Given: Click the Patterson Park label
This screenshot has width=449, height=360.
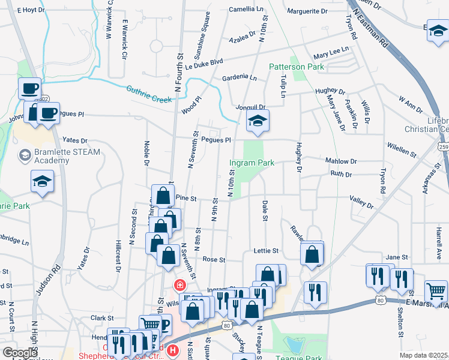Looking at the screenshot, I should point(296,67).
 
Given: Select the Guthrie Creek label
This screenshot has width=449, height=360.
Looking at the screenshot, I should point(149,94).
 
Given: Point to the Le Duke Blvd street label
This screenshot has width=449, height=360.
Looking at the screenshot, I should point(203,63).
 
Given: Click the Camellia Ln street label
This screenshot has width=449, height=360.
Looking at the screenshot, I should point(246,10).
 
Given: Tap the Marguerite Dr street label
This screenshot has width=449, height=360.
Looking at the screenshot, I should point(307,11).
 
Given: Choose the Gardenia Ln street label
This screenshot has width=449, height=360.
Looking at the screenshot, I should point(239,78).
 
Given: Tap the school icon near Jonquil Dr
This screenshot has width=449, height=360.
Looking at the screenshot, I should point(258,122).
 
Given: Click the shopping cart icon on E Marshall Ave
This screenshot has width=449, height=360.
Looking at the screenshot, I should point(436,292).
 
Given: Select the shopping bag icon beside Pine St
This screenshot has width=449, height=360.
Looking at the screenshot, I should point(163,196).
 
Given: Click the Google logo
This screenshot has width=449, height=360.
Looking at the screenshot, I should point(20,353).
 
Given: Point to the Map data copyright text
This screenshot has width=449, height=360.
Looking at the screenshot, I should point(424,355).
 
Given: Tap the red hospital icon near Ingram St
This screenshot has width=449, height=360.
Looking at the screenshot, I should point(179,285).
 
